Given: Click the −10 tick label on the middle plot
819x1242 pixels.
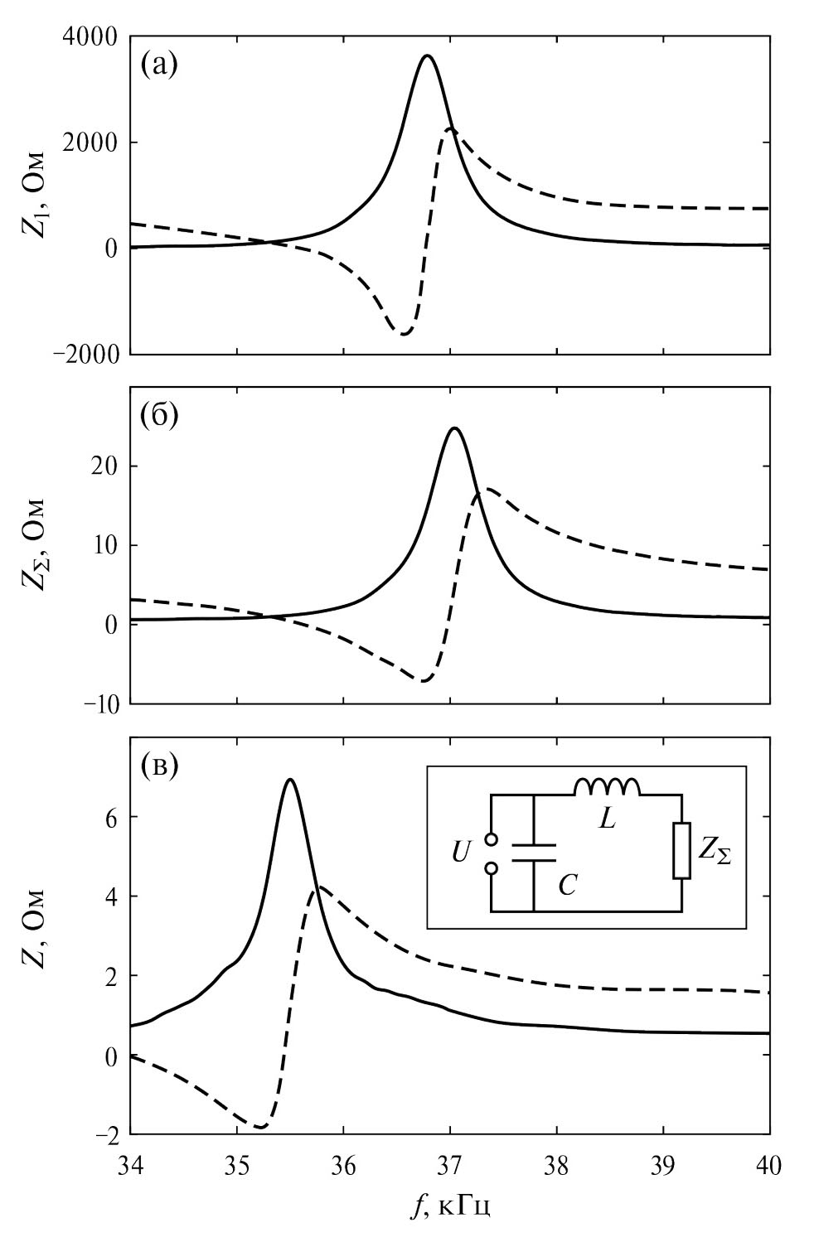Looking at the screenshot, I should click(99, 704).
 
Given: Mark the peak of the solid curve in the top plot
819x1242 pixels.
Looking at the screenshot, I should click(427, 56).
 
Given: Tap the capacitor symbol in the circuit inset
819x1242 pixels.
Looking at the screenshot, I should click(533, 853).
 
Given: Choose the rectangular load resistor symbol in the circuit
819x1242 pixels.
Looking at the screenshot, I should click(681, 850).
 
